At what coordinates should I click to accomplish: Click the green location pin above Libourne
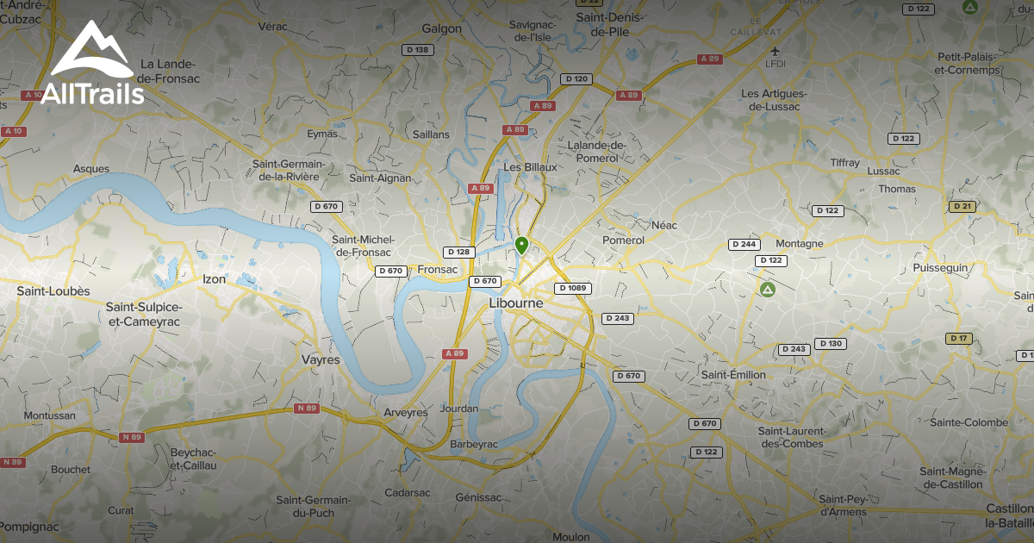coord(520,245)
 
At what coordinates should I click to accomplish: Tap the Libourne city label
coord(516,303)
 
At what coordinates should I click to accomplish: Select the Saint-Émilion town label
coord(733,375)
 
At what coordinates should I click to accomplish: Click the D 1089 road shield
coord(572,288)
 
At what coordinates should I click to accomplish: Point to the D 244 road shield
coord(744,244)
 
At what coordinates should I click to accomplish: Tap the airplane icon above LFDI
coord(775,49)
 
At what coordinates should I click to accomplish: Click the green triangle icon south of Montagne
coord(767,289)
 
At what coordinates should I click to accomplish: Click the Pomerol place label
coord(624,240)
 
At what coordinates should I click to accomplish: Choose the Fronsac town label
coord(436,269)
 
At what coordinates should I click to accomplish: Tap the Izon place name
coord(214,279)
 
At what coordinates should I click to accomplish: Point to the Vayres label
coord(321,359)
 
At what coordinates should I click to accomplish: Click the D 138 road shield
coord(420,50)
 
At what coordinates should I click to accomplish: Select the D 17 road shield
coord(958,338)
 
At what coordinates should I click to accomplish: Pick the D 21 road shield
coord(962,206)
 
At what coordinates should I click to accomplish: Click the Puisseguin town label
coord(940,268)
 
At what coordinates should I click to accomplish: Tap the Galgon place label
coord(442,28)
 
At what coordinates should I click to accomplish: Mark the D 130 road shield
coord(831,343)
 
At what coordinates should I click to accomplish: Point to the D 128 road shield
coord(458,252)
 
